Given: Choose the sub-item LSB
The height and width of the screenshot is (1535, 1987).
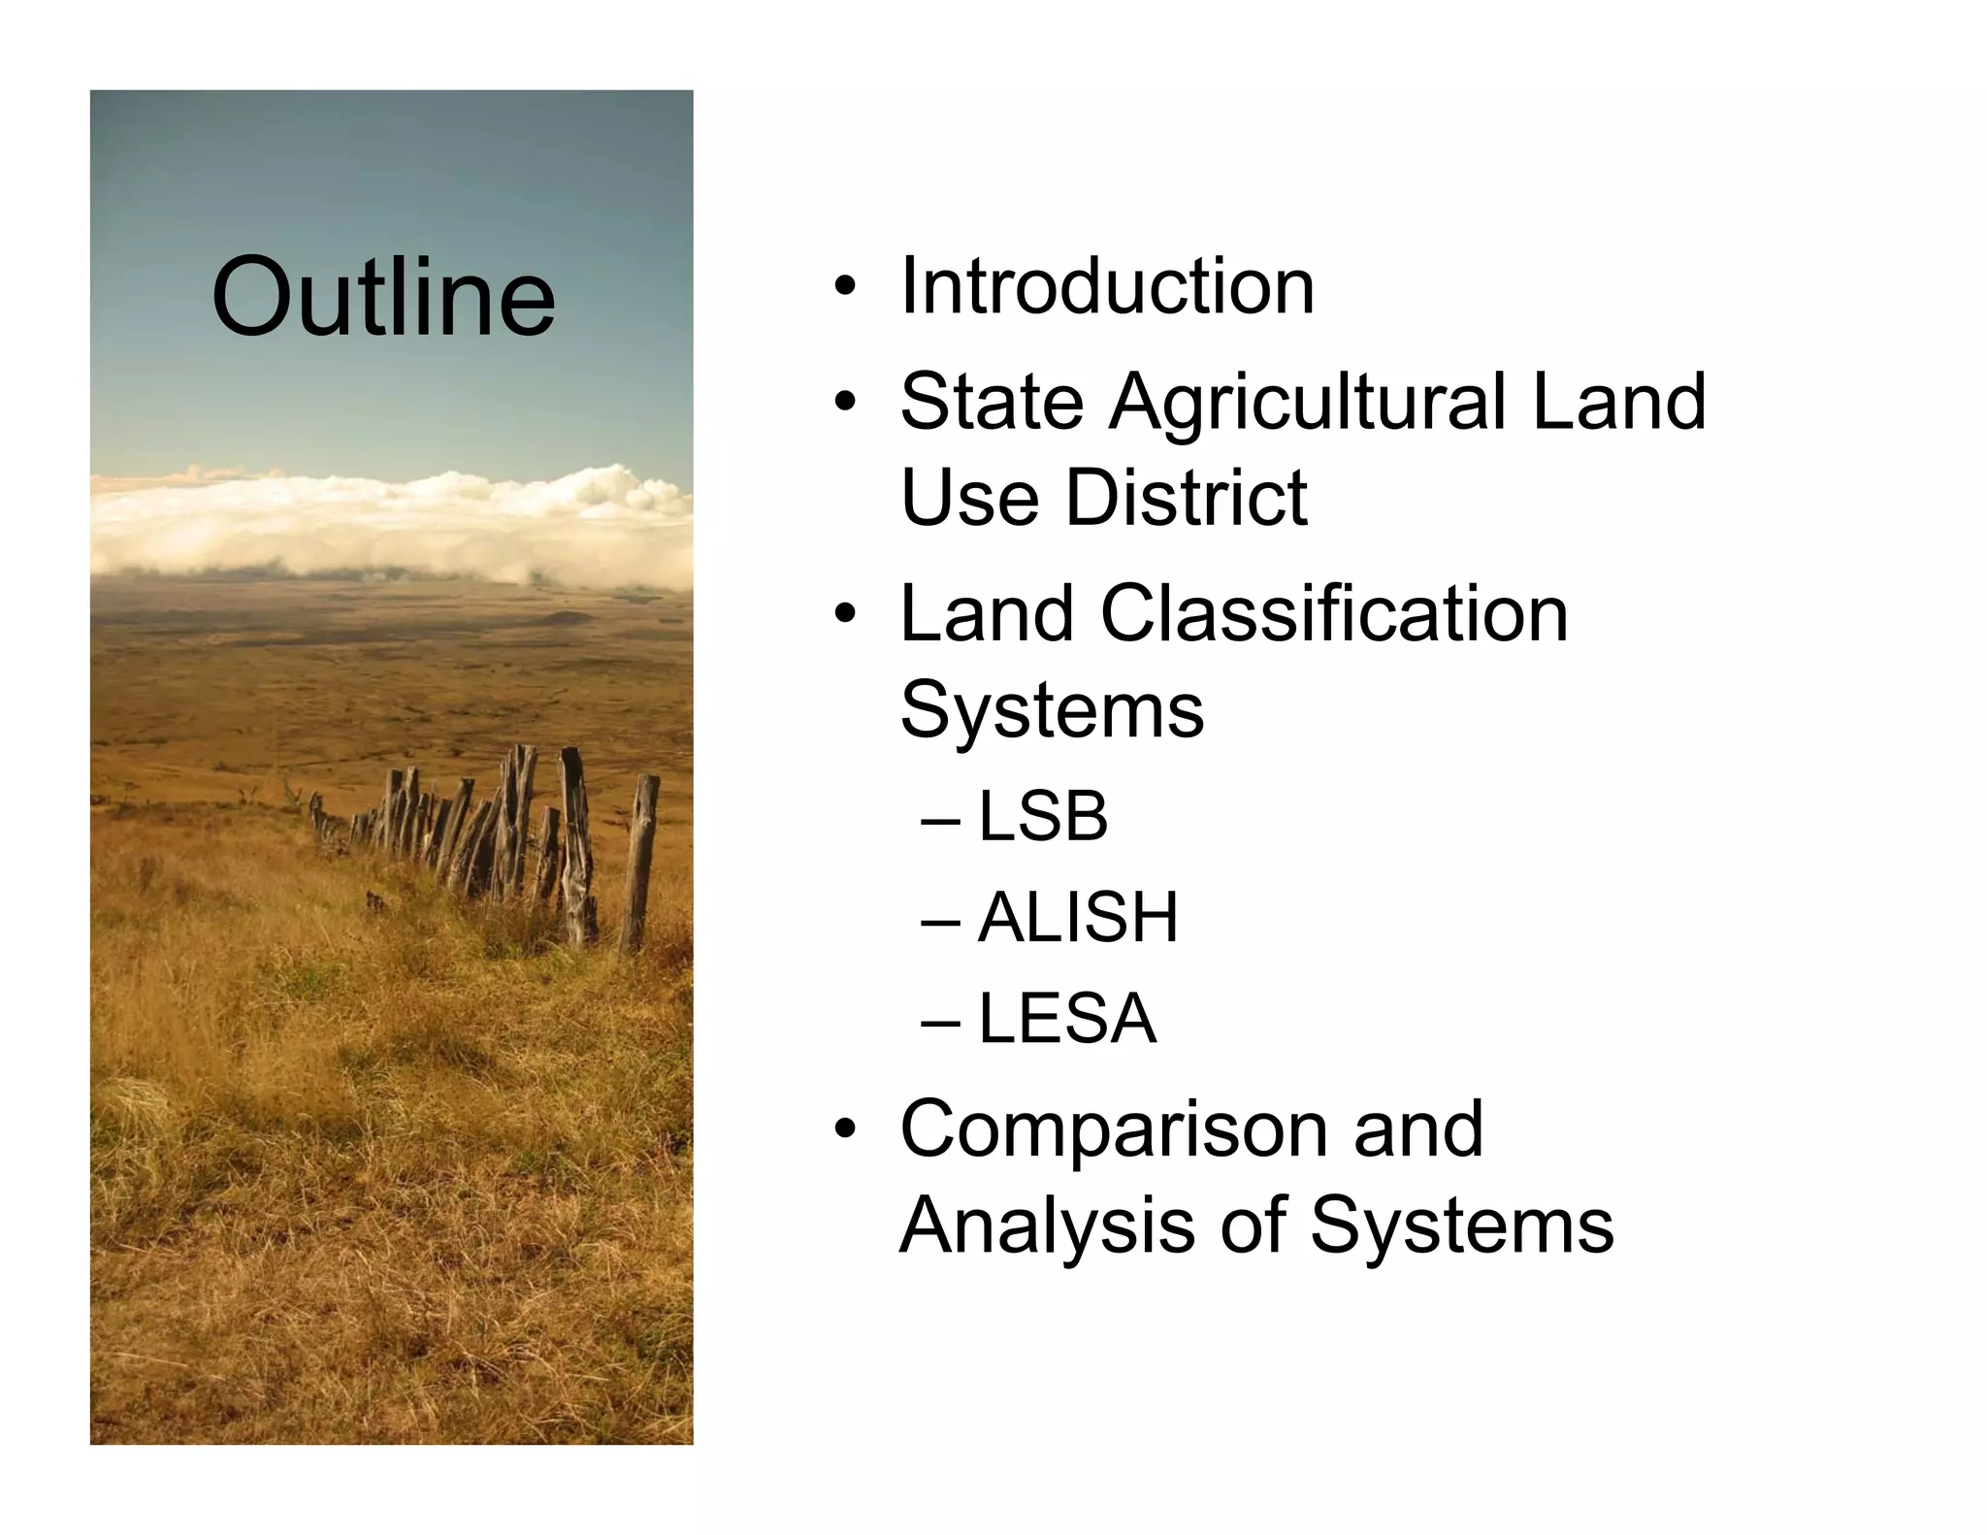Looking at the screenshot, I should coord(1042,817).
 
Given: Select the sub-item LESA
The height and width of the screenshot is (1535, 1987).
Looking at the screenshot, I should coord(1067,1019).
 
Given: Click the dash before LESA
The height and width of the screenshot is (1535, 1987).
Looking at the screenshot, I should coord(940,1022).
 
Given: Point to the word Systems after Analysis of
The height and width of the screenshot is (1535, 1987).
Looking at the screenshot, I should coord(1461,1225).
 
